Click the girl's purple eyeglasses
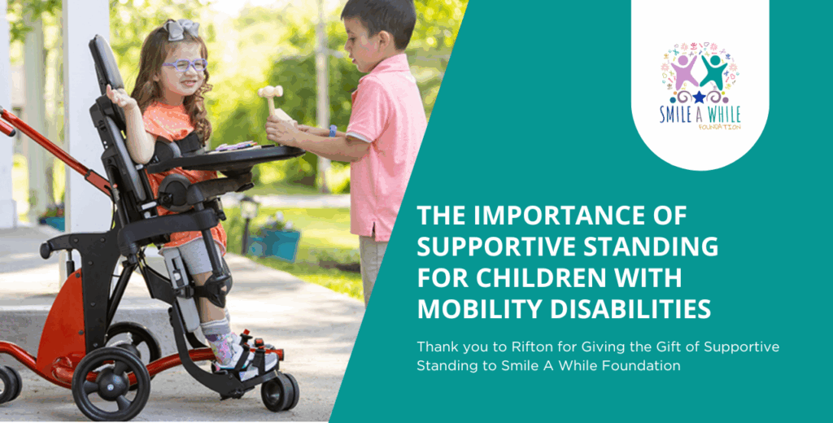pos(185,65)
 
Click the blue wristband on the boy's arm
pos(333,131)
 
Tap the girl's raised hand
pos(119,97)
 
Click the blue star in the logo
pos(699,96)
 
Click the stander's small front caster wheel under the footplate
pos(278,391)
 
